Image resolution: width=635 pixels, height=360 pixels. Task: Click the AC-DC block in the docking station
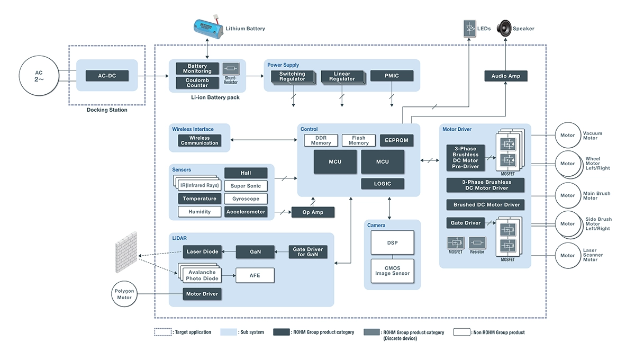(107, 76)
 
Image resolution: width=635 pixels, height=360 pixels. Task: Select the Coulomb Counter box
(197, 83)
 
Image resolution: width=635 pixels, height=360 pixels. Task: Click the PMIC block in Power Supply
(392, 76)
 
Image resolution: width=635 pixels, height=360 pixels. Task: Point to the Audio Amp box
(506, 76)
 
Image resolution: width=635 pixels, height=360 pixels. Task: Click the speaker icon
(504, 28)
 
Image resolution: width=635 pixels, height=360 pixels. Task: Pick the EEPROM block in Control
(397, 140)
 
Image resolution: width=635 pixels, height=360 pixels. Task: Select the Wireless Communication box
(199, 140)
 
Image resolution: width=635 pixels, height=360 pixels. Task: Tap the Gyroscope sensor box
(246, 199)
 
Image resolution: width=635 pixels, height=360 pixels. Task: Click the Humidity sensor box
(199, 211)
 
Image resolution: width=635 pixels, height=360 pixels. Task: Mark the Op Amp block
(313, 212)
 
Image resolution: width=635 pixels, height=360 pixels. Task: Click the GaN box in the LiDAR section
(256, 252)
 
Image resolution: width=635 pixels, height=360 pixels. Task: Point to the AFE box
(255, 275)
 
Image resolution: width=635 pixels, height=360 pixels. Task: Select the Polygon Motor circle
(125, 294)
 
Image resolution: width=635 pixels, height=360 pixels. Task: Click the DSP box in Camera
(392, 243)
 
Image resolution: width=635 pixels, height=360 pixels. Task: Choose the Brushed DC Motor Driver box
(486, 204)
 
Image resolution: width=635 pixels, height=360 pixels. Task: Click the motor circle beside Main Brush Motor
(567, 195)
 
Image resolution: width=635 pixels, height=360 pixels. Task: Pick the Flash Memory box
(358, 140)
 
